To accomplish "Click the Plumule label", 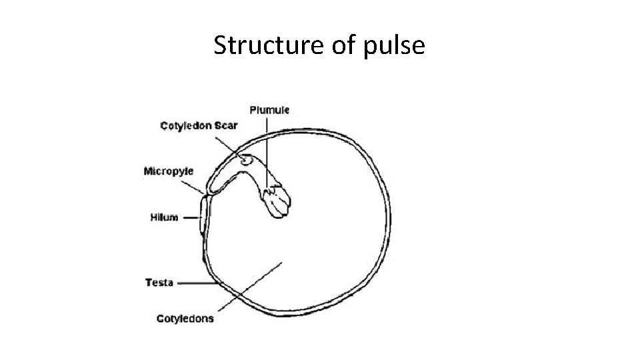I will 269,109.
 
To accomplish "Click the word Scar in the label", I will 227,126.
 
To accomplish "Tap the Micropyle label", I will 168,171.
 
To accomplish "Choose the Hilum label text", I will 164,217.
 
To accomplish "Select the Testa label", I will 159,283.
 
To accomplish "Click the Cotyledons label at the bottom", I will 185,319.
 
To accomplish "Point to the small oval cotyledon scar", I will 247,160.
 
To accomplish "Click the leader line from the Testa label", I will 197,283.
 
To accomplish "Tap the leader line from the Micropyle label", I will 199,187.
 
